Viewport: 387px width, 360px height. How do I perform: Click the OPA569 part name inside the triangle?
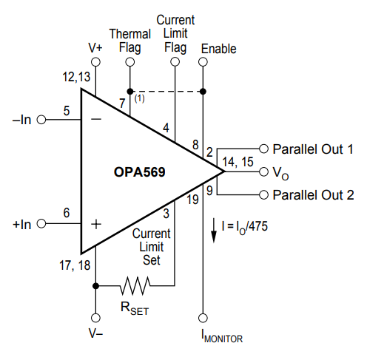[x=139, y=171]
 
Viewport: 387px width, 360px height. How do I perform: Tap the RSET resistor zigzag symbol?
[x=135, y=286]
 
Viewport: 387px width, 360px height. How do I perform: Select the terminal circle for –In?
[x=41, y=120]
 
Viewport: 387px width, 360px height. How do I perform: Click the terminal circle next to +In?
[x=41, y=224]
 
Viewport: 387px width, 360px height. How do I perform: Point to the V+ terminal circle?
[x=95, y=61]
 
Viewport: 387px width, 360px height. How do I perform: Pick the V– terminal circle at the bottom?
[x=95, y=318]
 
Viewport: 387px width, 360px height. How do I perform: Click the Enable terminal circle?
[x=203, y=61]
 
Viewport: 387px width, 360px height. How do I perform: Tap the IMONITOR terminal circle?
[x=203, y=318]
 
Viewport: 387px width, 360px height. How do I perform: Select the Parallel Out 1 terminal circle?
[x=264, y=149]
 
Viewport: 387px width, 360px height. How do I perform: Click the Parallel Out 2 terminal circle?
[x=264, y=195]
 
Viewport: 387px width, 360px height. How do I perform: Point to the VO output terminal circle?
[x=264, y=171]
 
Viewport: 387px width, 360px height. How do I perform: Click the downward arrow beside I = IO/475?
[x=214, y=231]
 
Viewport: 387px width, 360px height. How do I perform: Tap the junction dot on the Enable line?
[x=203, y=92]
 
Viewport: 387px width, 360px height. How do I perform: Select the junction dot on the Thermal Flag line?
[x=130, y=92]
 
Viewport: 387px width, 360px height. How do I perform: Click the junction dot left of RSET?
[x=95, y=286]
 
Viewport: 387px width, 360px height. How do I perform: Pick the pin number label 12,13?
[x=76, y=77]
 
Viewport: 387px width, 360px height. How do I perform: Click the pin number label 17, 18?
[x=75, y=265]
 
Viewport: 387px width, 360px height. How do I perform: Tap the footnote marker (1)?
[x=139, y=98]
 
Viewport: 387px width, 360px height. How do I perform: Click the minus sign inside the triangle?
[x=96, y=119]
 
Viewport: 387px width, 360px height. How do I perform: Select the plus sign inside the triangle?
[x=96, y=224]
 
